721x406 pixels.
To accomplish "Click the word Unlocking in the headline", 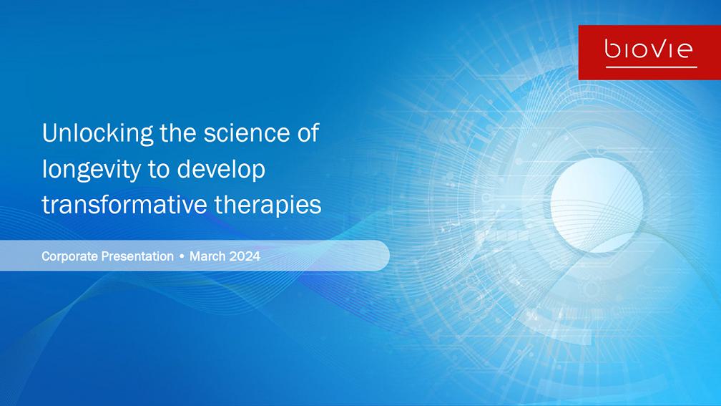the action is [97, 133].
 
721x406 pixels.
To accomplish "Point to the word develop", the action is [221, 170].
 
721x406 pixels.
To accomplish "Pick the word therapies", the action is [268, 206].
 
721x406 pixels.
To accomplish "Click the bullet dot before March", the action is [182, 256].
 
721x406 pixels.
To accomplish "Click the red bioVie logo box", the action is [649, 52].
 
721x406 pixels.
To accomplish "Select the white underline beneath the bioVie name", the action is [651, 67].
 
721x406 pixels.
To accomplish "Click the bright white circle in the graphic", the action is [597, 204].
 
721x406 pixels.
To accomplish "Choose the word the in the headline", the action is [178, 132].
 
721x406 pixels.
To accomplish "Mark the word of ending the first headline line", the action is [308, 132].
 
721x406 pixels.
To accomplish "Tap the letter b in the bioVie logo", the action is [612, 49].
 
